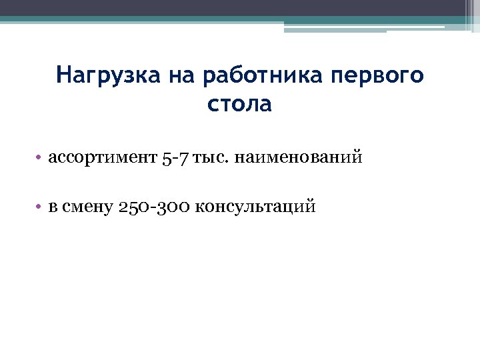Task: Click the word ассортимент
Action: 102,158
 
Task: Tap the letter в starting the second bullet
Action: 53,207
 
